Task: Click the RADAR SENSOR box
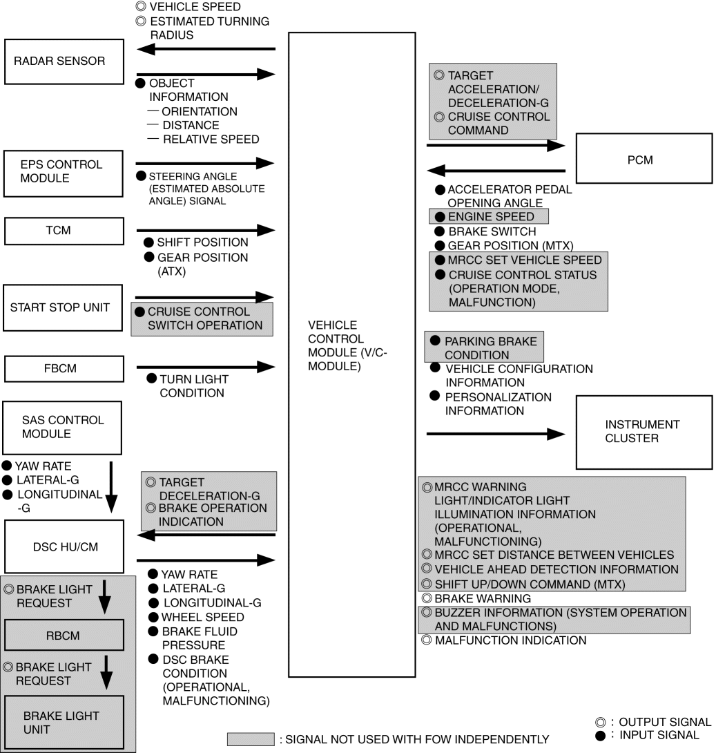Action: [64, 61]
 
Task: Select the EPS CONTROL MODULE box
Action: [64, 171]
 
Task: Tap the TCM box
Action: [64, 231]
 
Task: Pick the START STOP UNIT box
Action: [64, 307]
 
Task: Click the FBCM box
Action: [64, 369]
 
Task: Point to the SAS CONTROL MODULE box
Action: [64, 427]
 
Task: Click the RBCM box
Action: [64, 635]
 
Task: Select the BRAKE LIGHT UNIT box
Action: [64, 723]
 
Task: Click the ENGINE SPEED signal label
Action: [490, 217]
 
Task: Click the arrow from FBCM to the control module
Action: [206, 368]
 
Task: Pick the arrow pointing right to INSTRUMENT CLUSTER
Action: [496, 434]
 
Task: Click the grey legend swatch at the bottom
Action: [251, 738]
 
